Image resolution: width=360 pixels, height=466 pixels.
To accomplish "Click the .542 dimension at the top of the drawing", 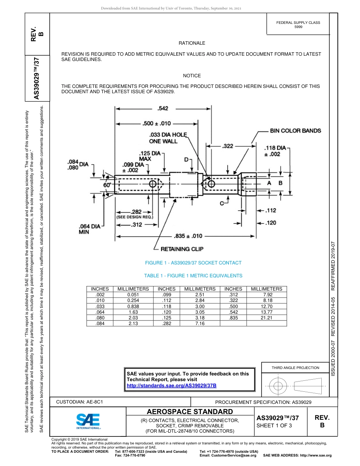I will [163, 109].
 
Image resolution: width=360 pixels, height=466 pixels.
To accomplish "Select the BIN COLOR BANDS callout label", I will [295, 131].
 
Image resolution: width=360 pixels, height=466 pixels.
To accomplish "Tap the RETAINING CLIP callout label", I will [182, 249].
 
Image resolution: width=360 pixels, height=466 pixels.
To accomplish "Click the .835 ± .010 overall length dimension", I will [188, 236].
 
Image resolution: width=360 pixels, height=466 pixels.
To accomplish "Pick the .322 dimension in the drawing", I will [227, 145].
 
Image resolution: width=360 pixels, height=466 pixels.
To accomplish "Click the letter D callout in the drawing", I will [186, 160].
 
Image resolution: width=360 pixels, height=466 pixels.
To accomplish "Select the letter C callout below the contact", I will [222, 204].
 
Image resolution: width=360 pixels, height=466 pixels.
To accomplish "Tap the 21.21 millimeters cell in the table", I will [266, 318].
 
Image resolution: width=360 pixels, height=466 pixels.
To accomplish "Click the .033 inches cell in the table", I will [100, 306].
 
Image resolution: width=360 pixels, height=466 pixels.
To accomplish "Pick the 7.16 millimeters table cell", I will [200, 324].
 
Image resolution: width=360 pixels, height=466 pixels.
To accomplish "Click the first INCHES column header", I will [100, 289].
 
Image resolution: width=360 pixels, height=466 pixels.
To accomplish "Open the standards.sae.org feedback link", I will [171, 385].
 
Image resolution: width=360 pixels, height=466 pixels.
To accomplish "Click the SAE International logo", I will [88, 421].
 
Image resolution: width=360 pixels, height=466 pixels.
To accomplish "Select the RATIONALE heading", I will [192, 43].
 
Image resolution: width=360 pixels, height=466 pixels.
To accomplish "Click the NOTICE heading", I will [192, 76].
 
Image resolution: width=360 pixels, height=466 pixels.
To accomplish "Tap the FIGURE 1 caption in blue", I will [193, 263].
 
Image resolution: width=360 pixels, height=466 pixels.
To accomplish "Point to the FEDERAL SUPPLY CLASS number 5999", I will [298, 27].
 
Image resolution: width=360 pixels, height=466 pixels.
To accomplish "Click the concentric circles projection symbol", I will [278, 386].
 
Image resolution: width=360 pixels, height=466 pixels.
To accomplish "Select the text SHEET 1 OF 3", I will [274, 425].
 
